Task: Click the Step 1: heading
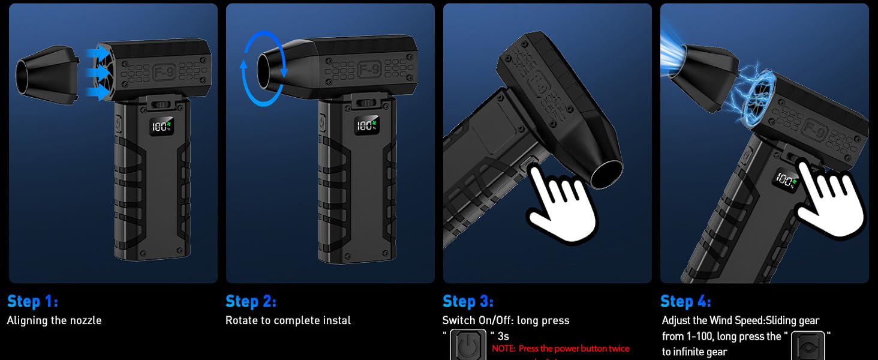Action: (x=32, y=301)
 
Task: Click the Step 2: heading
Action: (x=251, y=301)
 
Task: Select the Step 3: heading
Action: (x=468, y=301)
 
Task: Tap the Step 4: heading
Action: (x=685, y=301)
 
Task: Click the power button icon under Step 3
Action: (x=468, y=346)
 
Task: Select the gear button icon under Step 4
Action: (x=807, y=346)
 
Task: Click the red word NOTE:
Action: (x=504, y=349)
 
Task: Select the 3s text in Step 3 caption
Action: (x=503, y=336)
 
